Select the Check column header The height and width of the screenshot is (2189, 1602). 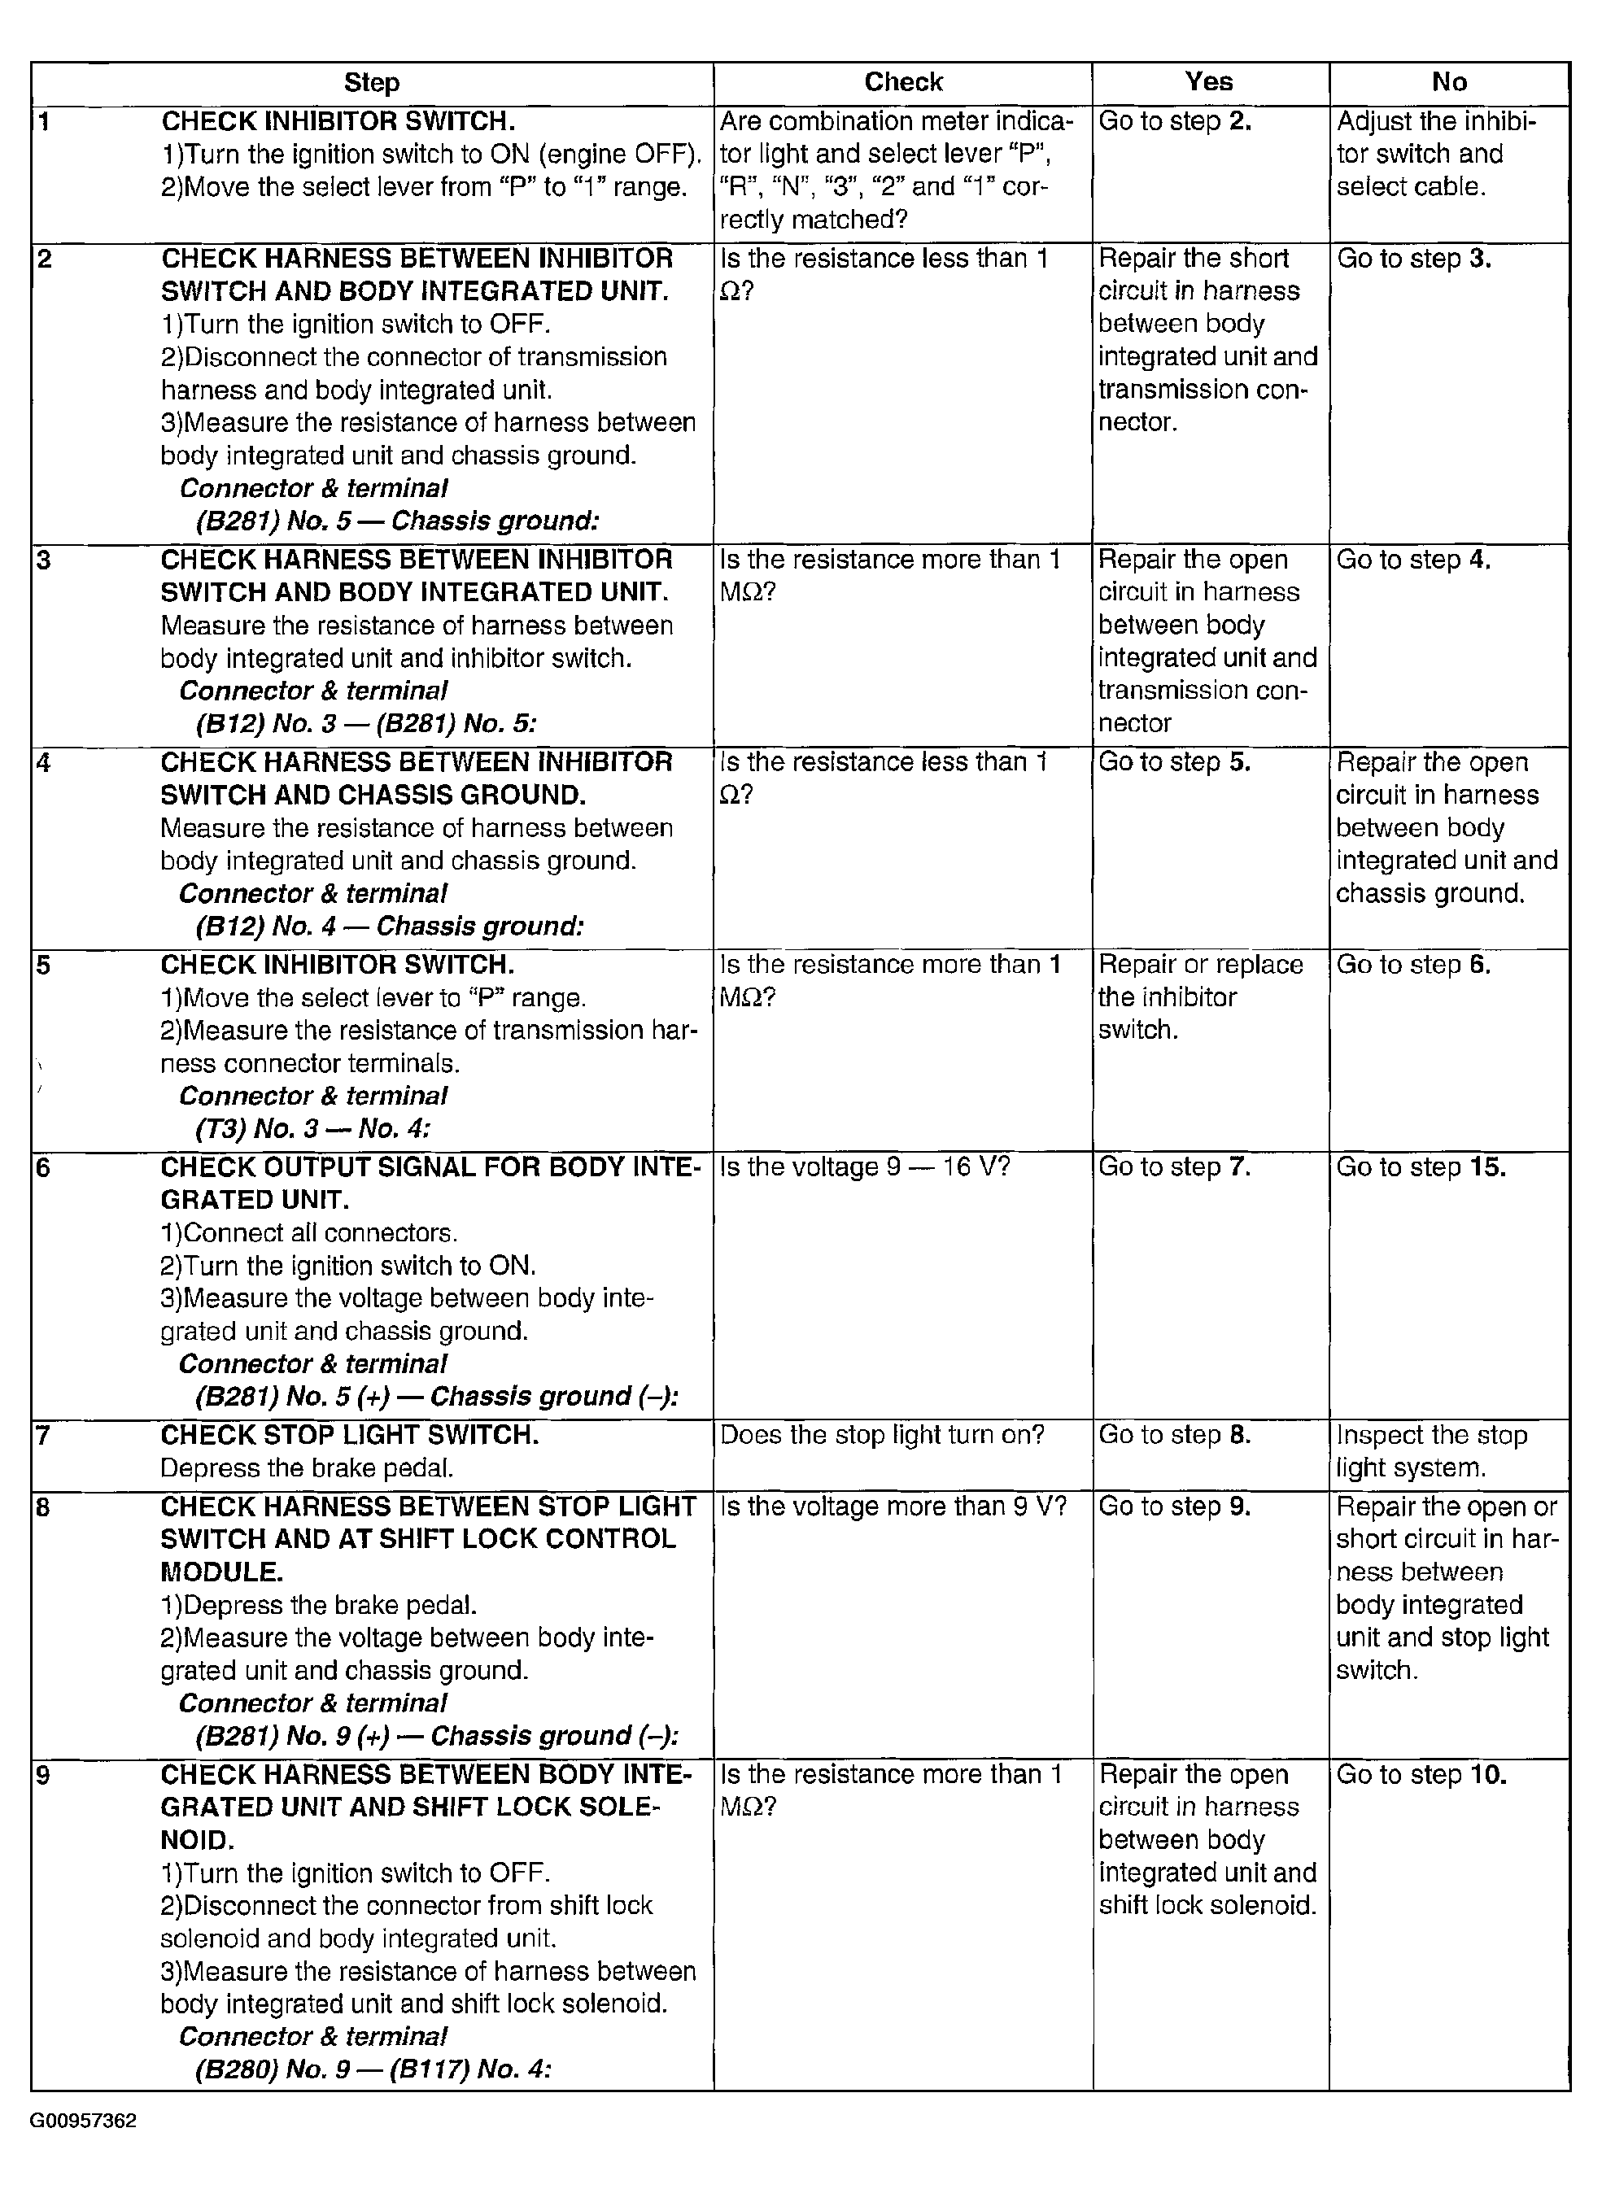[x=903, y=82]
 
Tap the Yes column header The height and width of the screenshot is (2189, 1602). [x=1208, y=82]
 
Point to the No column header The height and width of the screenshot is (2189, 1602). [x=1449, y=82]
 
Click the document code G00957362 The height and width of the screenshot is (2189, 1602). [x=84, y=2120]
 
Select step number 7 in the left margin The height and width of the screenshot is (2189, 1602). [x=42, y=1435]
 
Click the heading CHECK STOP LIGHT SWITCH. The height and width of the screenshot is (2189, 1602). [x=349, y=1435]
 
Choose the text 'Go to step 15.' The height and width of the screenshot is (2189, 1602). [x=1421, y=1167]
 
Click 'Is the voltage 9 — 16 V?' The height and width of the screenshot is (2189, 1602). [x=865, y=1167]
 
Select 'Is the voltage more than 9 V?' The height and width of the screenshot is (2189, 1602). [x=893, y=1507]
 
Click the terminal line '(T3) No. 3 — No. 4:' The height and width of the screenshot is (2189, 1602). [x=312, y=1128]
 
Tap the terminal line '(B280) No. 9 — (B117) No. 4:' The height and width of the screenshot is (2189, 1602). [x=373, y=2069]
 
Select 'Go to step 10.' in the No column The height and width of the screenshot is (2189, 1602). [x=1421, y=1775]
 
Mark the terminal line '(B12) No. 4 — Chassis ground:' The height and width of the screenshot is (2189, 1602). [x=390, y=927]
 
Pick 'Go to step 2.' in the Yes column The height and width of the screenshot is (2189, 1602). [x=1174, y=121]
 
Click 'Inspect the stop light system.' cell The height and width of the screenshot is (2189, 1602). [x=1431, y=1451]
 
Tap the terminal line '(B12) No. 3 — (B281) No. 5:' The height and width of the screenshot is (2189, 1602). [x=365, y=724]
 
